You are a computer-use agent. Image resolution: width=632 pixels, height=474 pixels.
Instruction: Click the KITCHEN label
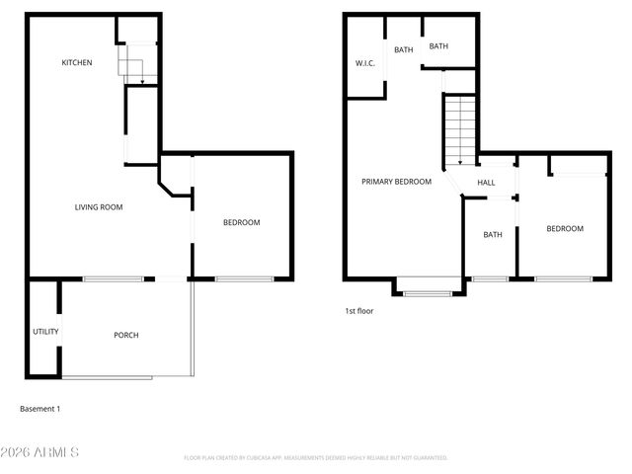(77, 63)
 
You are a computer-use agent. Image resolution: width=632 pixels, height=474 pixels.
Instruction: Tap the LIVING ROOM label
(99, 207)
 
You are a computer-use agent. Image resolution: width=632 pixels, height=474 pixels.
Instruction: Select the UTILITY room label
(45, 332)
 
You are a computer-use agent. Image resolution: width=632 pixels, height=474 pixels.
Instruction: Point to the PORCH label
(126, 336)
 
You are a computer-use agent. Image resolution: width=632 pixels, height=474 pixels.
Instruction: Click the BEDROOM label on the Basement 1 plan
(242, 223)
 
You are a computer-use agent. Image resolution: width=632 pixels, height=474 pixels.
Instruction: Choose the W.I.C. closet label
(364, 64)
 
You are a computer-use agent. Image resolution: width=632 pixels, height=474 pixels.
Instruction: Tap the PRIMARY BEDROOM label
(396, 182)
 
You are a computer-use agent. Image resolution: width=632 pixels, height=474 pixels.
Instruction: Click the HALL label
(487, 183)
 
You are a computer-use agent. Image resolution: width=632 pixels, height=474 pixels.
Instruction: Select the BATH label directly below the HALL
(492, 235)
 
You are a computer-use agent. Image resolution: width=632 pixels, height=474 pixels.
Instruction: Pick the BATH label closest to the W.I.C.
(404, 49)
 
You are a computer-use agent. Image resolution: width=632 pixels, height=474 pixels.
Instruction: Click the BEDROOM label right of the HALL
(565, 229)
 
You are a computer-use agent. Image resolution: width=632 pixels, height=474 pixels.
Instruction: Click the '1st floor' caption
(357, 310)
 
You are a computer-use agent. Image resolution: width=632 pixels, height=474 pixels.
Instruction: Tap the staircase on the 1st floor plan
(459, 128)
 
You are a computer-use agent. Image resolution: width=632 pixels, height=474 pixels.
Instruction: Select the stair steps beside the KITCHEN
(132, 67)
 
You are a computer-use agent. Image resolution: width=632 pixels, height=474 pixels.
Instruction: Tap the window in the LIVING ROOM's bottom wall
(114, 279)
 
